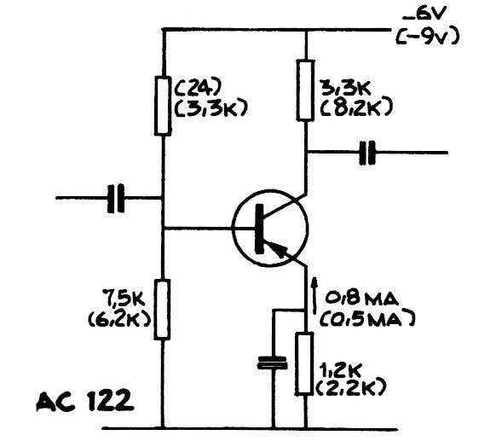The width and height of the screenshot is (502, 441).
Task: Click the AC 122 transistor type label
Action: (x=85, y=400)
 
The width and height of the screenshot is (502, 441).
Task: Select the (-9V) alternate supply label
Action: (x=427, y=36)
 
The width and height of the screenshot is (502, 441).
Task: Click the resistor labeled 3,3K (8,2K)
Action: (x=305, y=90)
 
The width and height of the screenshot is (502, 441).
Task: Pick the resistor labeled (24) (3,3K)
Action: (x=163, y=106)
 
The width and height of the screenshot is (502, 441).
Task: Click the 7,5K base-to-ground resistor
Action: (x=162, y=309)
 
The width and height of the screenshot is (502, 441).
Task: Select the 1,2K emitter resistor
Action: (x=304, y=363)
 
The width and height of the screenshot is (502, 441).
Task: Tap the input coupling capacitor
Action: (x=116, y=198)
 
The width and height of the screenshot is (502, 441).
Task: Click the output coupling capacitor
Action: (x=366, y=153)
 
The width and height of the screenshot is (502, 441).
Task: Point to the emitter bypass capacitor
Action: (x=273, y=363)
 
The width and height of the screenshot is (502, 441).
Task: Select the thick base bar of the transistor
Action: (x=259, y=229)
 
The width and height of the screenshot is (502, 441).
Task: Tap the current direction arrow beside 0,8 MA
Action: (x=314, y=295)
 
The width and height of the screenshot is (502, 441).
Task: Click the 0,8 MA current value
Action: (x=362, y=299)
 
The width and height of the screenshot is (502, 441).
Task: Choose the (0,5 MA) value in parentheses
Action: (x=367, y=318)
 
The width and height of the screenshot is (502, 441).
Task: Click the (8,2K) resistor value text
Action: (x=356, y=107)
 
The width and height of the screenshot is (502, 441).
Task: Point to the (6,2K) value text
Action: (x=119, y=320)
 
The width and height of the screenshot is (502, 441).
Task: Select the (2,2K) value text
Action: (x=351, y=388)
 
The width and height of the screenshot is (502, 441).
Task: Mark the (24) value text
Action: (x=198, y=86)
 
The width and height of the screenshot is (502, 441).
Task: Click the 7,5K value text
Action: (x=124, y=298)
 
